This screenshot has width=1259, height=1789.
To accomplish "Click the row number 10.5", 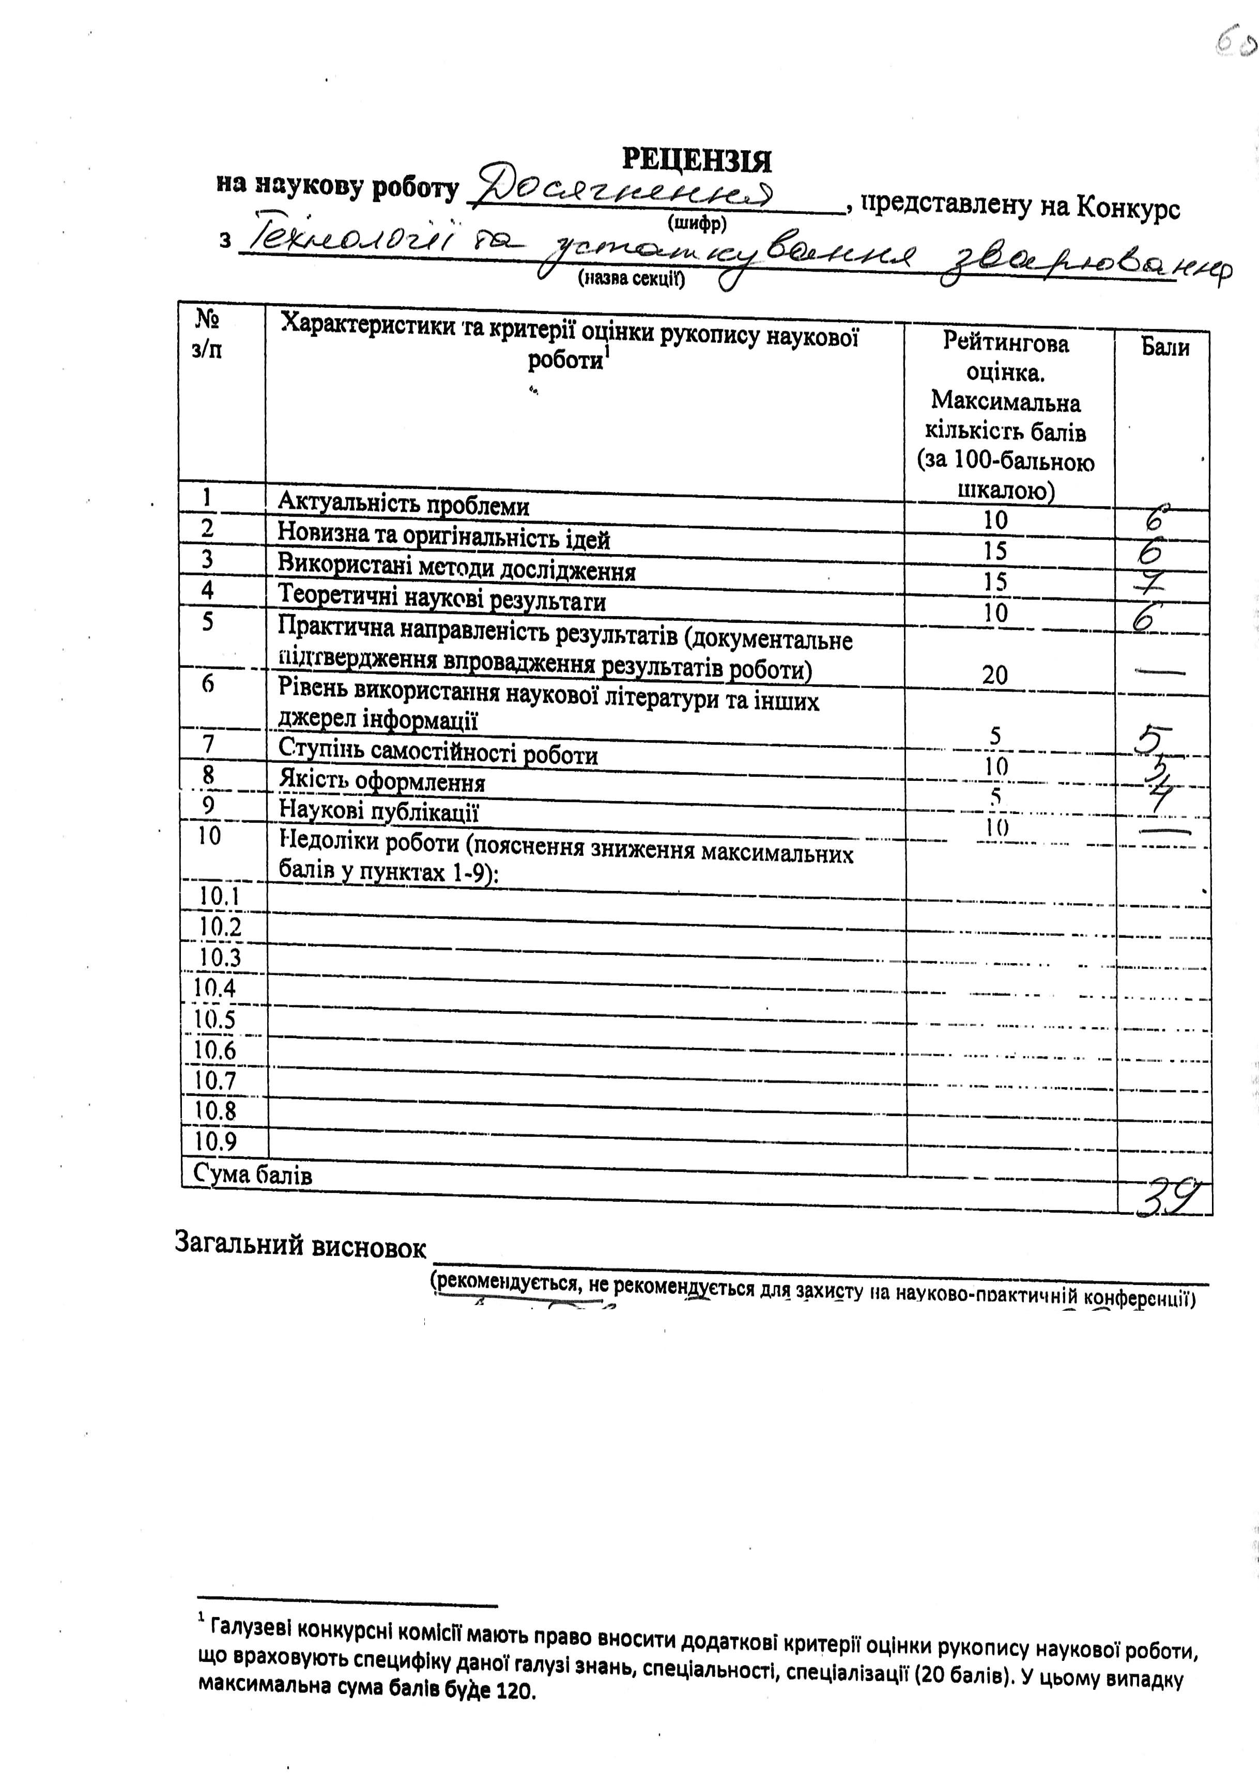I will [x=214, y=1019].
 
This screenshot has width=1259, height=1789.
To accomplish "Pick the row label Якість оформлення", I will [x=382, y=781].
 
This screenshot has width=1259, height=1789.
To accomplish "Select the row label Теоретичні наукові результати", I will [x=442, y=599].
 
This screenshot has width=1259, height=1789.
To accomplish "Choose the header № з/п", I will [x=207, y=334].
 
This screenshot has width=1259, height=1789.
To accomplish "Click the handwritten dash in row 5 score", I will [x=1161, y=670].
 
